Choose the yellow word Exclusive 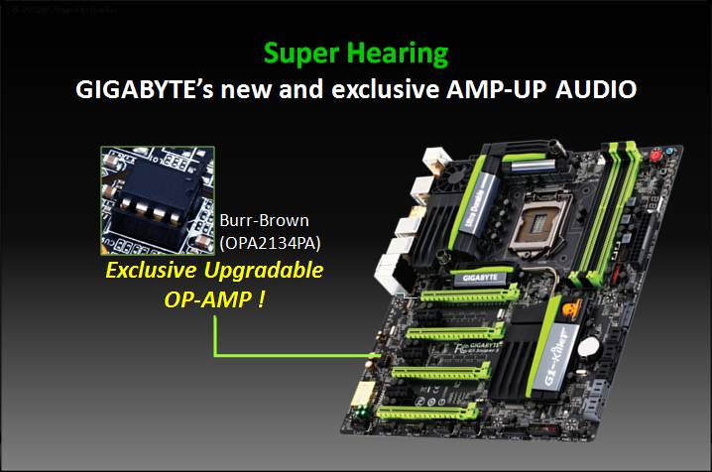(159, 270)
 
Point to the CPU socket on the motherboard (541, 214)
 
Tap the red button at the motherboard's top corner (654, 155)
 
